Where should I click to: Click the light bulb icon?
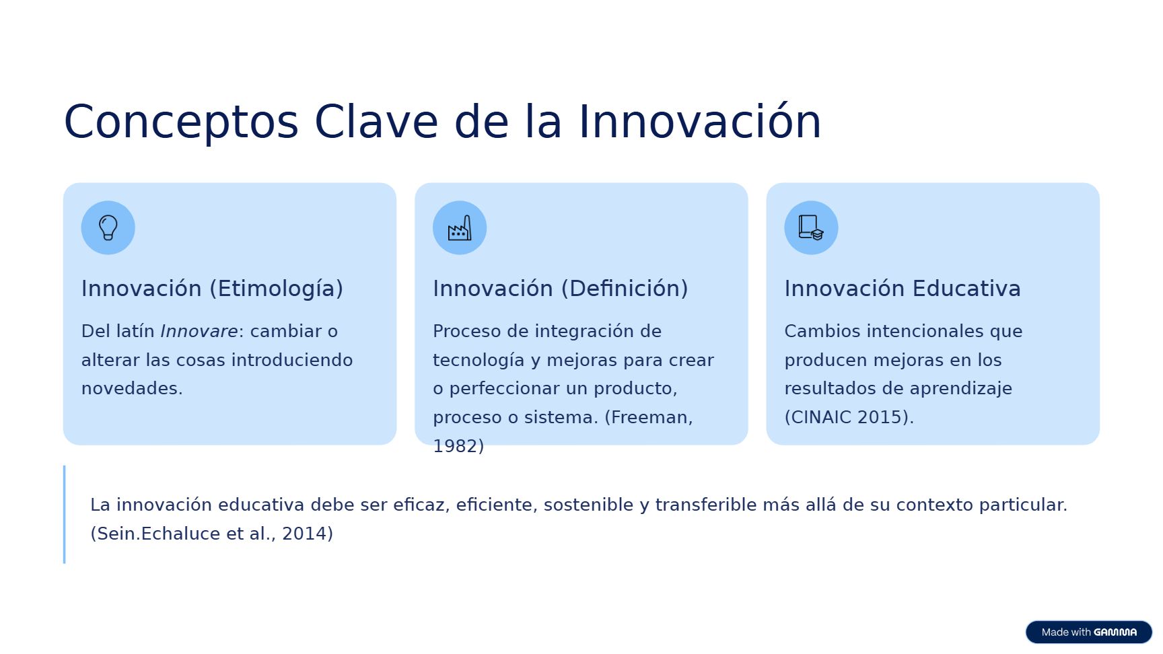pyautogui.click(x=108, y=227)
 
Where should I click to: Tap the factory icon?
pyautogui.click(x=460, y=228)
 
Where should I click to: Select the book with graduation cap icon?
pyautogui.click(x=811, y=227)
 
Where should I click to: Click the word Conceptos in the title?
pyautogui.click(x=181, y=122)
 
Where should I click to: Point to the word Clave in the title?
pyautogui.click(x=376, y=122)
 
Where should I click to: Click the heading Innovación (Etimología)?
pyautogui.click(x=212, y=289)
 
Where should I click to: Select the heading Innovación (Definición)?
pyautogui.click(x=560, y=289)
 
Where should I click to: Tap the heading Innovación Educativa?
pyautogui.click(x=902, y=289)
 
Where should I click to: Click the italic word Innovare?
pyautogui.click(x=199, y=331)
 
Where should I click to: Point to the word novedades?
pyautogui.click(x=132, y=388)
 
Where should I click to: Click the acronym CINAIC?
pyautogui.click(x=818, y=417)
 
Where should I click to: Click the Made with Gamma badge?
pyautogui.click(x=1088, y=632)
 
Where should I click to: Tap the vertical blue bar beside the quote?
pyautogui.click(x=65, y=514)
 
